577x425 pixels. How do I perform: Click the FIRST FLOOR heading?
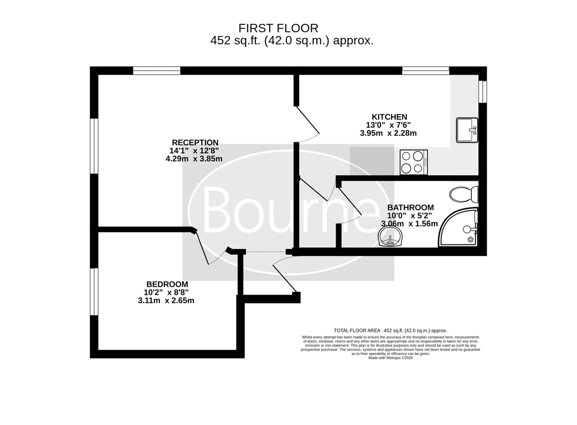[x=278, y=28]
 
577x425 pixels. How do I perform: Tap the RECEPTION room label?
[x=195, y=143]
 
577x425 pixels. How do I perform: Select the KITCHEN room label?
[x=389, y=117]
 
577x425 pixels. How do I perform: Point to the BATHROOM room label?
[x=410, y=207]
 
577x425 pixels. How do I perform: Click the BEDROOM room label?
[x=167, y=284]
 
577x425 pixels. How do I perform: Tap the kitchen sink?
[x=467, y=130]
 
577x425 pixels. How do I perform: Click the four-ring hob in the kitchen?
[x=414, y=162]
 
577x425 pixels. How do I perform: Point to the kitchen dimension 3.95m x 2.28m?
[x=388, y=133]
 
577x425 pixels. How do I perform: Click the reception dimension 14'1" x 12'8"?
[x=194, y=150]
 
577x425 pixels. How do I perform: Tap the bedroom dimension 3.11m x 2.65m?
[x=166, y=301]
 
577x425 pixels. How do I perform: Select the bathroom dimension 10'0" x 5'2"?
[x=410, y=215]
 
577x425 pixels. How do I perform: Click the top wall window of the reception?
[x=157, y=71]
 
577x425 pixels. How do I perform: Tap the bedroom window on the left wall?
[x=94, y=292]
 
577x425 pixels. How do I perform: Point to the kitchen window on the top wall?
[x=426, y=71]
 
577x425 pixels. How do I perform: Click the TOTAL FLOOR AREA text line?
[x=391, y=330]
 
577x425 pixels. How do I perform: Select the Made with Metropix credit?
[x=391, y=358]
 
